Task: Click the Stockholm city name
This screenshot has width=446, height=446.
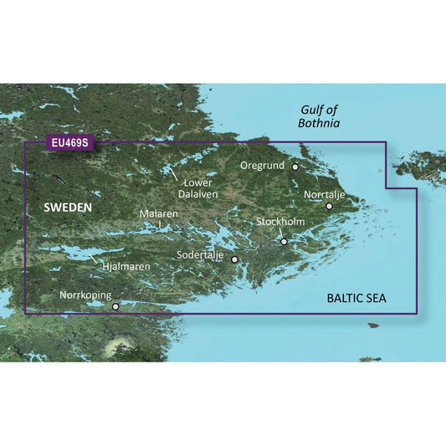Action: [x=280, y=222]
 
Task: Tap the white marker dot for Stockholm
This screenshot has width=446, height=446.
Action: [x=284, y=242]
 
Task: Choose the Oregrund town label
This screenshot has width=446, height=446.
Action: [x=264, y=166]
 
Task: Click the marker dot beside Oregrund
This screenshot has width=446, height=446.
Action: [x=295, y=167]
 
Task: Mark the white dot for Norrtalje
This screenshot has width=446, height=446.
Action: [x=329, y=206]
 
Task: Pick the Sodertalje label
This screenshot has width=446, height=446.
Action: [x=202, y=254]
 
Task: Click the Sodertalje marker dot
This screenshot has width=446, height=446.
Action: [x=234, y=259]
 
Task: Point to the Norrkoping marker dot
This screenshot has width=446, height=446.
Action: [x=115, y=306]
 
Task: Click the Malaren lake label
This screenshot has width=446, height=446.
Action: [x=159, y=214]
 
